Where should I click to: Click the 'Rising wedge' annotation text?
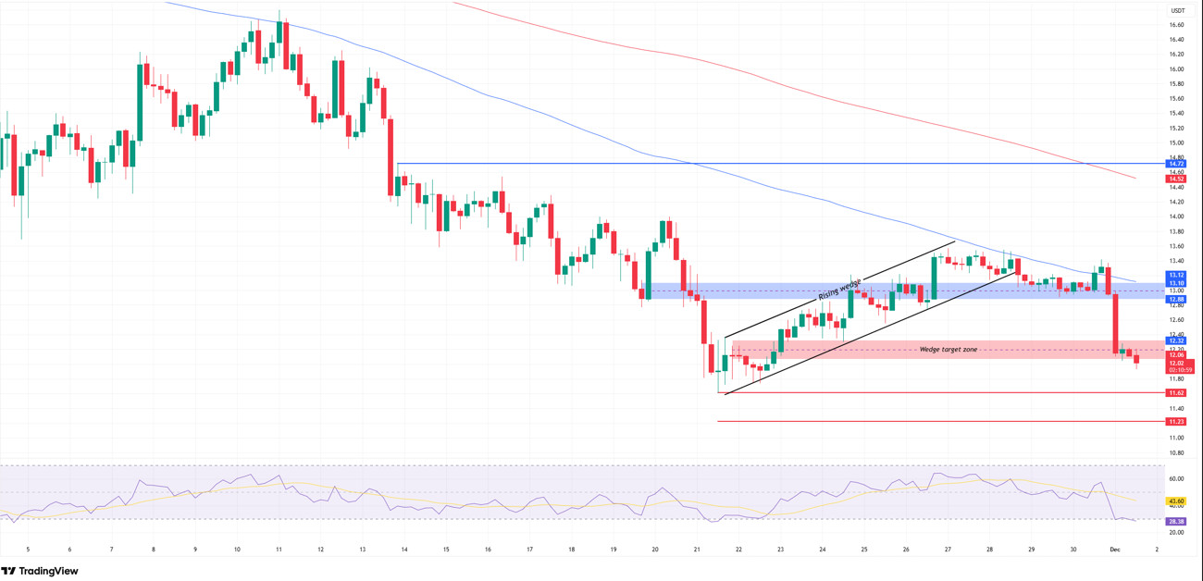pyautogui.click(x=839, y=289)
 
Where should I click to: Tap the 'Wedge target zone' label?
pyautogui.click(x=948, y=350)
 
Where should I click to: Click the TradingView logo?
pyautogui.click(x=40, y=571)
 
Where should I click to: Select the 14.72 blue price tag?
pyautogui.click(x=1176, y=164)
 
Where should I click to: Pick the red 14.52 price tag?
pyautogui.click(x=1176, y=179)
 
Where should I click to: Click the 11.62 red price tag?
pyautogui.click(x=1176, y=392)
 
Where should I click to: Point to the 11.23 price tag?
pyautogui.click(x=1176, y=421)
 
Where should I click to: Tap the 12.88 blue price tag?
pyautogui.click(x=1176, y=299)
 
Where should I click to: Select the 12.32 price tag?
pyautogui.click(x=1176, y=340)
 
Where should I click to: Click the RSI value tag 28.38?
pyautogui.click(x=1176, y=520)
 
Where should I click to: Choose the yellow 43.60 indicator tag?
pyautogui.click(x=1176, y=501)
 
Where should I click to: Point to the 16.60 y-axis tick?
pyautogui.click(x=1176, y=25)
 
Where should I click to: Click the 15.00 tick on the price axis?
pyautogui.click(x=1176, y=143)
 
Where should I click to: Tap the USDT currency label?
pyautogui.click(x=1177, y=10)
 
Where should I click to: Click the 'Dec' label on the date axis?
pyautogui.click(x=1115, y=550)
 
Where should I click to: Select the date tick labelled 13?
pyautogui.click(x=362, y=550)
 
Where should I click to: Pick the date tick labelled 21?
pyautogui.click(x=697, y=550)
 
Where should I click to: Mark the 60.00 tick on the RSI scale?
pyautogui.click(x=1176, y=478)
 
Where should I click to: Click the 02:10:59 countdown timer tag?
pyautogui.click(x=1180, y=369)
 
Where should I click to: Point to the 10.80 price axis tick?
pyautogui.click(x=1176, y=452)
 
